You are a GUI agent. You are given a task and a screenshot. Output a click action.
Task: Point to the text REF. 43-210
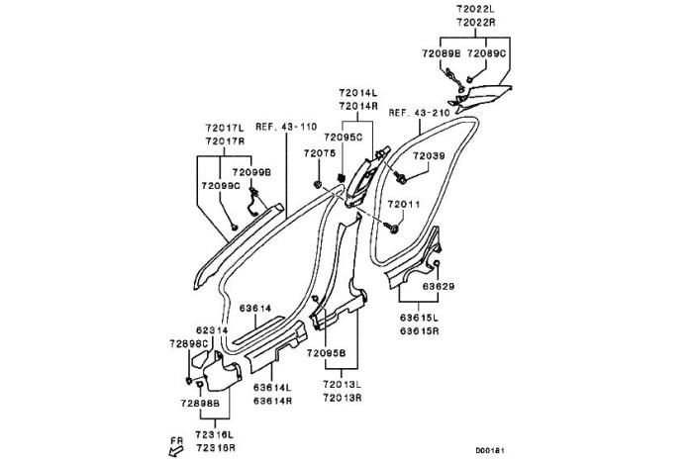420,113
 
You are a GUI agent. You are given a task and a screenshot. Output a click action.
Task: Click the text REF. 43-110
285,127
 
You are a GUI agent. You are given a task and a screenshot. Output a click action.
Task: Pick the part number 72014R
355,105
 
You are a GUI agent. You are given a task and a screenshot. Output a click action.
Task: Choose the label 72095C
344,138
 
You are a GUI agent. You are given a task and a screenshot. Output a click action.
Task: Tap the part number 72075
319,153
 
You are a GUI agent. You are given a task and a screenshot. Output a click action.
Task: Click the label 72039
429,156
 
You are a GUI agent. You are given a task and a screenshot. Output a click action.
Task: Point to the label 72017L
225,129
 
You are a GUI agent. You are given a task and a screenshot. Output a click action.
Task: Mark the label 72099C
220,185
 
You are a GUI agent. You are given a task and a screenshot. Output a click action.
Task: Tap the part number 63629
439,286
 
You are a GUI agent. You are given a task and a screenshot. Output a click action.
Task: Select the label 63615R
420,331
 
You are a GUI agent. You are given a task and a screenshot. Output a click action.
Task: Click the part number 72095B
326,352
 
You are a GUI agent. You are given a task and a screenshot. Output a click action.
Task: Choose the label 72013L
342,383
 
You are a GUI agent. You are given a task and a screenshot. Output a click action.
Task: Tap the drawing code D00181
489,450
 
